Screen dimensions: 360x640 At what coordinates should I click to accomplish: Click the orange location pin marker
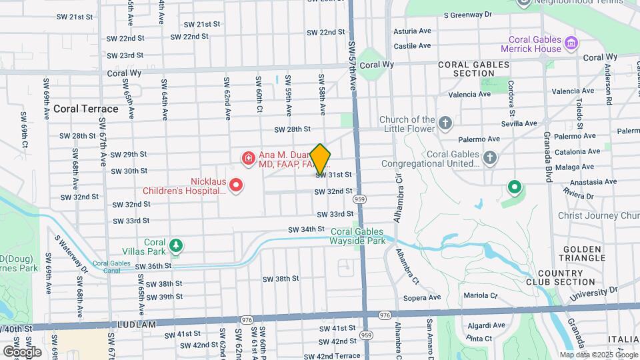click(x=320, y=159)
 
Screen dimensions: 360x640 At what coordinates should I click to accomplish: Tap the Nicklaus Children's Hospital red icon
click(x=236, y=184)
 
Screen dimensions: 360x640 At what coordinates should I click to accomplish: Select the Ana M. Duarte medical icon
click(x=248, y=158)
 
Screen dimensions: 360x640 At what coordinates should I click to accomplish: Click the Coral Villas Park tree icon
click(x=176, y=246)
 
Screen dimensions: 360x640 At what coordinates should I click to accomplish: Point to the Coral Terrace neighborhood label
click(x=85, y=109)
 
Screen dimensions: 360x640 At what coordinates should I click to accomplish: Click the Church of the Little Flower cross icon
click(x=445, y=123)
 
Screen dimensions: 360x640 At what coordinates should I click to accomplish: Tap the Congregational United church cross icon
click(x=490, y=158)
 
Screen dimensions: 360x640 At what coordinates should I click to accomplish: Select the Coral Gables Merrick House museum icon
click(x=571, y=45)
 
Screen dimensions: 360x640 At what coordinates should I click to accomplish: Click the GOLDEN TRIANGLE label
click(x=582, y=253)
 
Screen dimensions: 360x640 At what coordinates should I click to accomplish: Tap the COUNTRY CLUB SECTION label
click(x=565, y=278)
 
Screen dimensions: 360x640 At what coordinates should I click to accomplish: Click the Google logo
click(x=22, y=351)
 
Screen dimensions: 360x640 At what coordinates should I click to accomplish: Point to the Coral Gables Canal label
click(x=109, y=267)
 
